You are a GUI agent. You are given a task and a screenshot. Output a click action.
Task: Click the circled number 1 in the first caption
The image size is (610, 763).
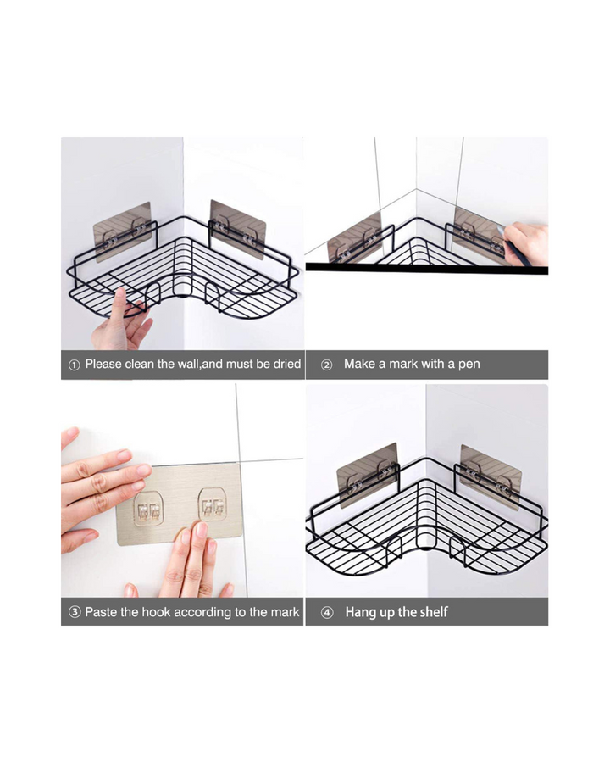(74, 365)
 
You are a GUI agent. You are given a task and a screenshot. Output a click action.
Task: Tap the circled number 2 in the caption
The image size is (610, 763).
(327, 365)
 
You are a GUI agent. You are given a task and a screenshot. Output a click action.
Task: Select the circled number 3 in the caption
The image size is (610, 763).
(75, 612)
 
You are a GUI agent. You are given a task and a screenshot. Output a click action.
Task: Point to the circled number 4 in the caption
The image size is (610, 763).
(327, 613)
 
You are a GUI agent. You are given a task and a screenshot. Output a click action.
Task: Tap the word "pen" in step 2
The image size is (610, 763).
(469, 365)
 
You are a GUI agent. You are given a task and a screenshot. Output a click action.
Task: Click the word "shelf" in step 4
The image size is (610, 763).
(432, 611)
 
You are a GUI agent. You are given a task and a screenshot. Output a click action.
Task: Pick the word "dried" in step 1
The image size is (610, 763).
(286, 364)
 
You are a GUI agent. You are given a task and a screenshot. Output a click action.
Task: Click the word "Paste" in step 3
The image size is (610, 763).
(101, 611)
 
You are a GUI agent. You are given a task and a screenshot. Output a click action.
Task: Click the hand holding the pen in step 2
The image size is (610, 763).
(526, 243)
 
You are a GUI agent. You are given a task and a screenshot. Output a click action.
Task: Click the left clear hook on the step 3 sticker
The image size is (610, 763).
(148, 509)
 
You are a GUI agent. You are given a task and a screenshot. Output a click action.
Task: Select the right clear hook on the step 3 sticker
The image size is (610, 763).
(213, 504)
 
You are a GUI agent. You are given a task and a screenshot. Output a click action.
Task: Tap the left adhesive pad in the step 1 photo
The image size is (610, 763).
(123, 231)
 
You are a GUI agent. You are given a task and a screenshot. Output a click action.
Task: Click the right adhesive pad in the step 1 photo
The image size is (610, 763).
(238, 229)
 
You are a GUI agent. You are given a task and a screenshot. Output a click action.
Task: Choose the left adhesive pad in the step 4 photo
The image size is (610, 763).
(368, 475)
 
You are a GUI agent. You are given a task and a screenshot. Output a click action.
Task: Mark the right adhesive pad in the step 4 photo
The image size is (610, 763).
(491, 476)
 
